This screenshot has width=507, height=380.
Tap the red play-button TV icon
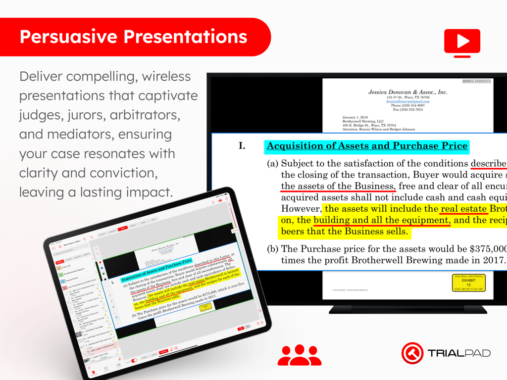[462, 42]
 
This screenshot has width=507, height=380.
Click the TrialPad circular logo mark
[412, 353]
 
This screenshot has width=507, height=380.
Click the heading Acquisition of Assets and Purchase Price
[367, 146]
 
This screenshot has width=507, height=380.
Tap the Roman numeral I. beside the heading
[242, 146]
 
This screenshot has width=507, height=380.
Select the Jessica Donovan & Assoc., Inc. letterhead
[407, 92]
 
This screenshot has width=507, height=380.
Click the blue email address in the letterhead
[407, 101]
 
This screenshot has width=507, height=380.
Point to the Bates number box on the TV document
[476, 81]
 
